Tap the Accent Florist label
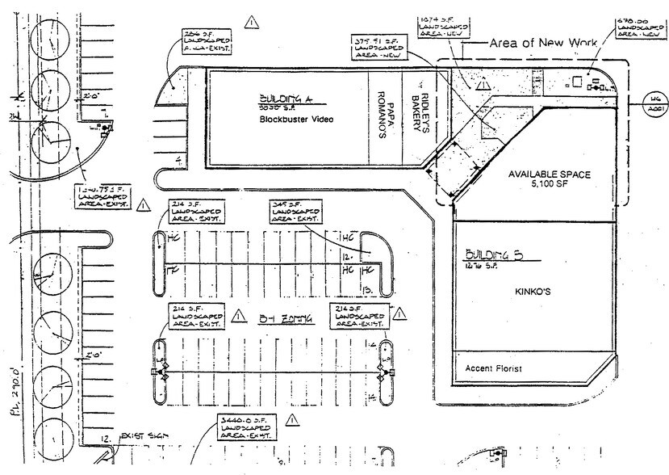point(494,369)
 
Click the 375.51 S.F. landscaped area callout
point(378,46)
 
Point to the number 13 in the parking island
point(366,289)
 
